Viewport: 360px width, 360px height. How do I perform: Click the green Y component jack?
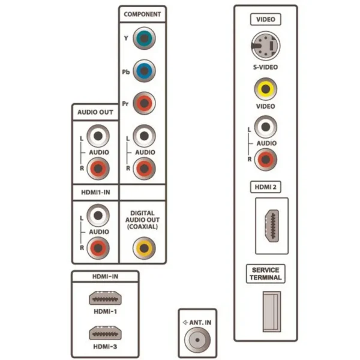click(144, 38)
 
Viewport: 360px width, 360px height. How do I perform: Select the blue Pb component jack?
click(144, 71)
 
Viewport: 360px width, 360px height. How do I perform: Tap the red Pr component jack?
click(144, 103)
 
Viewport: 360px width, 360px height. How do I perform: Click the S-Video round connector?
click(266, 46)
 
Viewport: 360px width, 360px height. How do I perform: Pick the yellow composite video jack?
click(266, 89)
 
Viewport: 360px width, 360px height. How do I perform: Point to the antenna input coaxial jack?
click(197, 340)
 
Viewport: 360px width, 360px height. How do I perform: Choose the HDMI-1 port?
click(105, 298)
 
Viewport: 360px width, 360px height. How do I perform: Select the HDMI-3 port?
click(105, 333)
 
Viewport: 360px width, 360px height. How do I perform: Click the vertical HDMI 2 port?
click(272, 226)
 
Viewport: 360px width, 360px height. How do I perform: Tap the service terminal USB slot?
click(272, 312)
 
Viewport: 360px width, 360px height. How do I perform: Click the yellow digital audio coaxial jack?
click(144, 248)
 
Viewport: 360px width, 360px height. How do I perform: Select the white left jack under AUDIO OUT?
click(98, 136)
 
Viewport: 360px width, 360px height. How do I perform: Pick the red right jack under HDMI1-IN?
click(98, 248)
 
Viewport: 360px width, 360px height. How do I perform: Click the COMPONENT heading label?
click(142, 14)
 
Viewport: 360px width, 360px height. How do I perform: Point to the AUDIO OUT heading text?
click(95, 112)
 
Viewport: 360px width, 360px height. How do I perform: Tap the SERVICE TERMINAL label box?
click(266, 274)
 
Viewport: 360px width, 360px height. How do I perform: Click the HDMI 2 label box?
click(266, 187)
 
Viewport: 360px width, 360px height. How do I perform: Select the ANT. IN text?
click(200, 323)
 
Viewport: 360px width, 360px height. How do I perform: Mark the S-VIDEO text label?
click(266, 67)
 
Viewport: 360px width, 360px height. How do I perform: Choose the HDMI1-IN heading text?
click(95, 193)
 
